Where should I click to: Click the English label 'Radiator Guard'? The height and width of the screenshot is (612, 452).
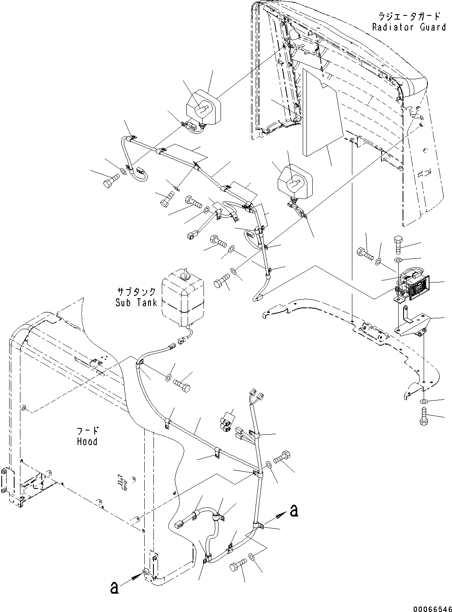pyautogui.click(x=409, y=27)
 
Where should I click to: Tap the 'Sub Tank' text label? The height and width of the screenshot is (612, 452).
pyautogui.click(x=136, y=302)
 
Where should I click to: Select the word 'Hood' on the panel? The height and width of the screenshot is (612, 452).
pyautogui.click(x=87, y=441)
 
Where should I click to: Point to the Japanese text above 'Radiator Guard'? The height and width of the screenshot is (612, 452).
pyautogui.click(x=409, y=17)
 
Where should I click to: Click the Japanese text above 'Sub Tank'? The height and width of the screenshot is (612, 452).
pyautogui.click(x=136, y=292)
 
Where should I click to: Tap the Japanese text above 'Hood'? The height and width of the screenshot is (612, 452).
pyautogui.click(x=88, y=431)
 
